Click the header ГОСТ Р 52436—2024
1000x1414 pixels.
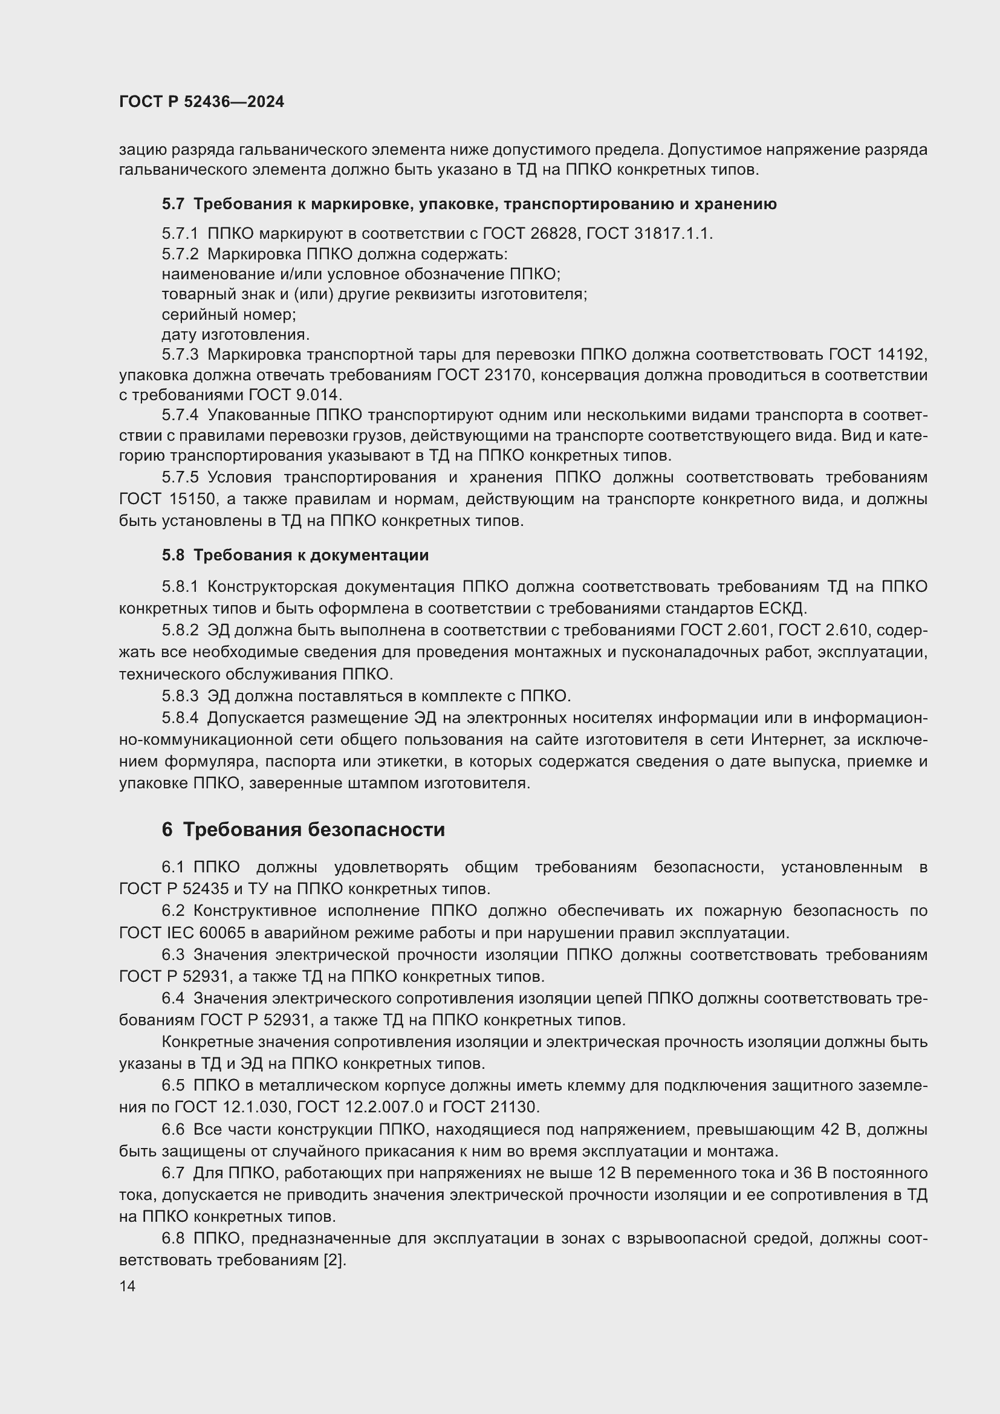[x=201, y=102]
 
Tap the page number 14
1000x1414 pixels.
[x=128, y=1286]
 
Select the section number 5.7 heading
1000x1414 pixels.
[x=173, y=204]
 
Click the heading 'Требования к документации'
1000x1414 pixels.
[x=311, y=555]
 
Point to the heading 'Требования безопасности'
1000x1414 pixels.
[x=314, y=829]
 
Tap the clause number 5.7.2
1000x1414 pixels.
[x=180, y=254]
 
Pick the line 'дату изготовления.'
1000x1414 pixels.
[x=236, y=334]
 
